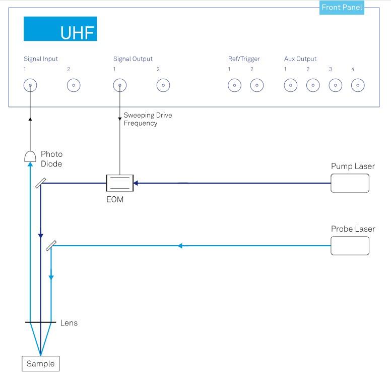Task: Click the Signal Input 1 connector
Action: point(30,85)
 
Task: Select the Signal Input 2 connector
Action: point(74,85)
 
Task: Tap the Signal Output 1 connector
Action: point(119,85)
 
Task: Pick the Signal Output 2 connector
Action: point(163,85)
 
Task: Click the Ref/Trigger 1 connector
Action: point(234,85)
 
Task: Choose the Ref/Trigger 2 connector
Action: point(257,85)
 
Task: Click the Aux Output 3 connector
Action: point(335,85)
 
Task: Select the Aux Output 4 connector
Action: point(357,85)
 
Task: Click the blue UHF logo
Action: point(60,29)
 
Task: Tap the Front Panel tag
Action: point(342,8)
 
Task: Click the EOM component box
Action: point(119,183)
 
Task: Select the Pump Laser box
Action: point(350,183)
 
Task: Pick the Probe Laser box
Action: point(350,246)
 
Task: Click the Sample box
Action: point(40,364)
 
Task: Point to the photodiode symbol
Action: point(30,156)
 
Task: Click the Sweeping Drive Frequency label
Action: point(148,119)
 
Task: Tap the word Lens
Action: point(69,323)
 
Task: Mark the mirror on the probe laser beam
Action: point(50,246)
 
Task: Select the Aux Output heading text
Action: point(300,59)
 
